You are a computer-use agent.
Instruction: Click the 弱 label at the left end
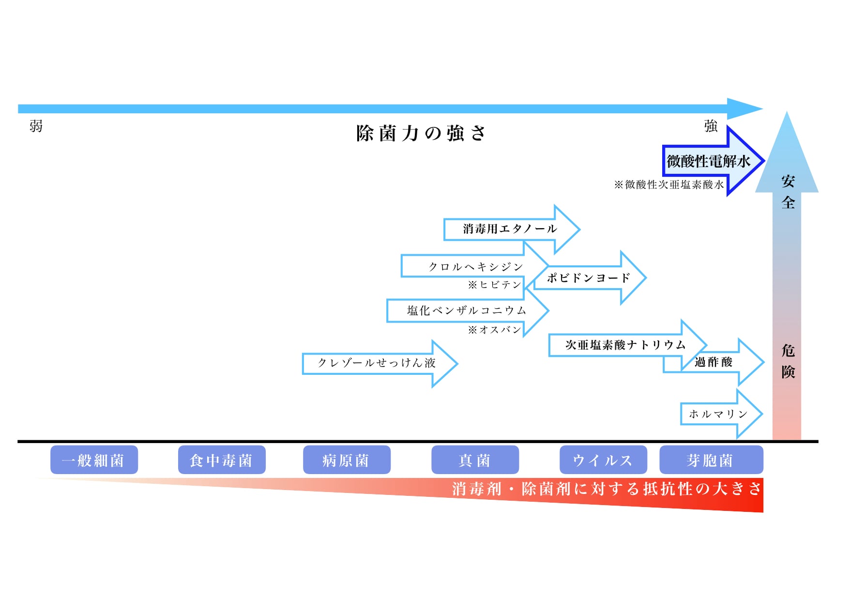pos(36,126)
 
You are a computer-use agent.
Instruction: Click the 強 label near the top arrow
pos(711,126)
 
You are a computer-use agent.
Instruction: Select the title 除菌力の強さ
pos(420,133)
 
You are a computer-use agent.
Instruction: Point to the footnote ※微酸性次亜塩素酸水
pos(668,185)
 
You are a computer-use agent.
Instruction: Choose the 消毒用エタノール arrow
pos(510,229)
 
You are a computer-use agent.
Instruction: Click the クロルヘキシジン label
pos(475,267)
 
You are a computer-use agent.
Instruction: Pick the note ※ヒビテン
pos(494,285)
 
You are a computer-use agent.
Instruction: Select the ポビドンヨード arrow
pos(588,278)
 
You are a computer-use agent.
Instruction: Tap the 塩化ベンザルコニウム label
pos(466,310)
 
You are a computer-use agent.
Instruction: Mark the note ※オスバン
pos(494,330)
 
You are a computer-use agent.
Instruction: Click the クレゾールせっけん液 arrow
pos(377,363)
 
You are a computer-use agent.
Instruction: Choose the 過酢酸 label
pos(713,362)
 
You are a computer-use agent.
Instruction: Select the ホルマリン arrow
pos(718,414)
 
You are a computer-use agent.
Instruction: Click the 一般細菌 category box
pos(94,460)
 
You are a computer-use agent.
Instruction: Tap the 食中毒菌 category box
pos(221,460)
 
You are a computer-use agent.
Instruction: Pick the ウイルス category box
pos(603,460)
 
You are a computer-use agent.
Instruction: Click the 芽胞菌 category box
pos(711,460)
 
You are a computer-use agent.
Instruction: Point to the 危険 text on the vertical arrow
pos(788,361)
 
